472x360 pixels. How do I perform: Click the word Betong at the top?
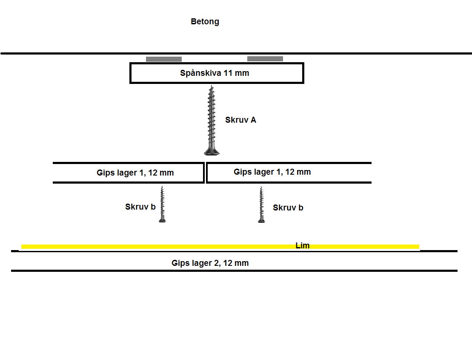click(205, 21)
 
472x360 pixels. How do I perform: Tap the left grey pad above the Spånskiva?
click(164, 59)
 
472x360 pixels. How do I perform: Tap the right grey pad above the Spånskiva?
click(265, 59)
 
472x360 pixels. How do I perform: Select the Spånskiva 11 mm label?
click(215, 73)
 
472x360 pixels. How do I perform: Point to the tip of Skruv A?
click(211, 86)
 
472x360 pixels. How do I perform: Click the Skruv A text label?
click(240, 120)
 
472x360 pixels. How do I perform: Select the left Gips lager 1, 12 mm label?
click(135, 173)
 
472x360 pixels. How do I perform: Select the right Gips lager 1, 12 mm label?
click(272, 172)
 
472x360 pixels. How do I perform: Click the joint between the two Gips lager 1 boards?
click(205, 173)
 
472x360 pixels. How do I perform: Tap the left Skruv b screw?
click(162, 204)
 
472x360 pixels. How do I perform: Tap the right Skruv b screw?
click(261, 205)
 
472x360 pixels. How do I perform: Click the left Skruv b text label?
click(140, 207)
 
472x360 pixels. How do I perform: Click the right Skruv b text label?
click(288, 208)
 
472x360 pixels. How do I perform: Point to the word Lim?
click(302, 246)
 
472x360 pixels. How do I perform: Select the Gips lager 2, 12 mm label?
click(210, 263)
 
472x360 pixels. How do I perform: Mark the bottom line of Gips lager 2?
click(234, 271)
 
